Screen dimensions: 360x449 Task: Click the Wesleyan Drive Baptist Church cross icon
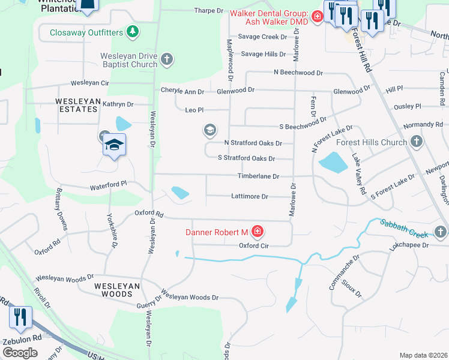coord(167,59)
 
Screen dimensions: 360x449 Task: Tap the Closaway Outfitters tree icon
coord(133,32)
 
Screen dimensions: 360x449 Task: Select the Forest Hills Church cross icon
coord(417,142)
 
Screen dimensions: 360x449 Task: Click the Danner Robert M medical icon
coord(258,231)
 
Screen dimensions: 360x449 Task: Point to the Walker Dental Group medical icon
coord(316,17)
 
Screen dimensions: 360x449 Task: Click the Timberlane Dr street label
coord(259,176)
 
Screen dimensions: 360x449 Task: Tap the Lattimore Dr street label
coord(250,196)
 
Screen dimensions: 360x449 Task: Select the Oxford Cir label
coord(253,245)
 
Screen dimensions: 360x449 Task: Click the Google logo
coord(20,353)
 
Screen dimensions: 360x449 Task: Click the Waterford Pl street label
coord(109,187)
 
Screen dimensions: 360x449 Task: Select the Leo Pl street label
coord(194,110)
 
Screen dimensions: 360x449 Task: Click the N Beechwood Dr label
coord(298,73)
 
